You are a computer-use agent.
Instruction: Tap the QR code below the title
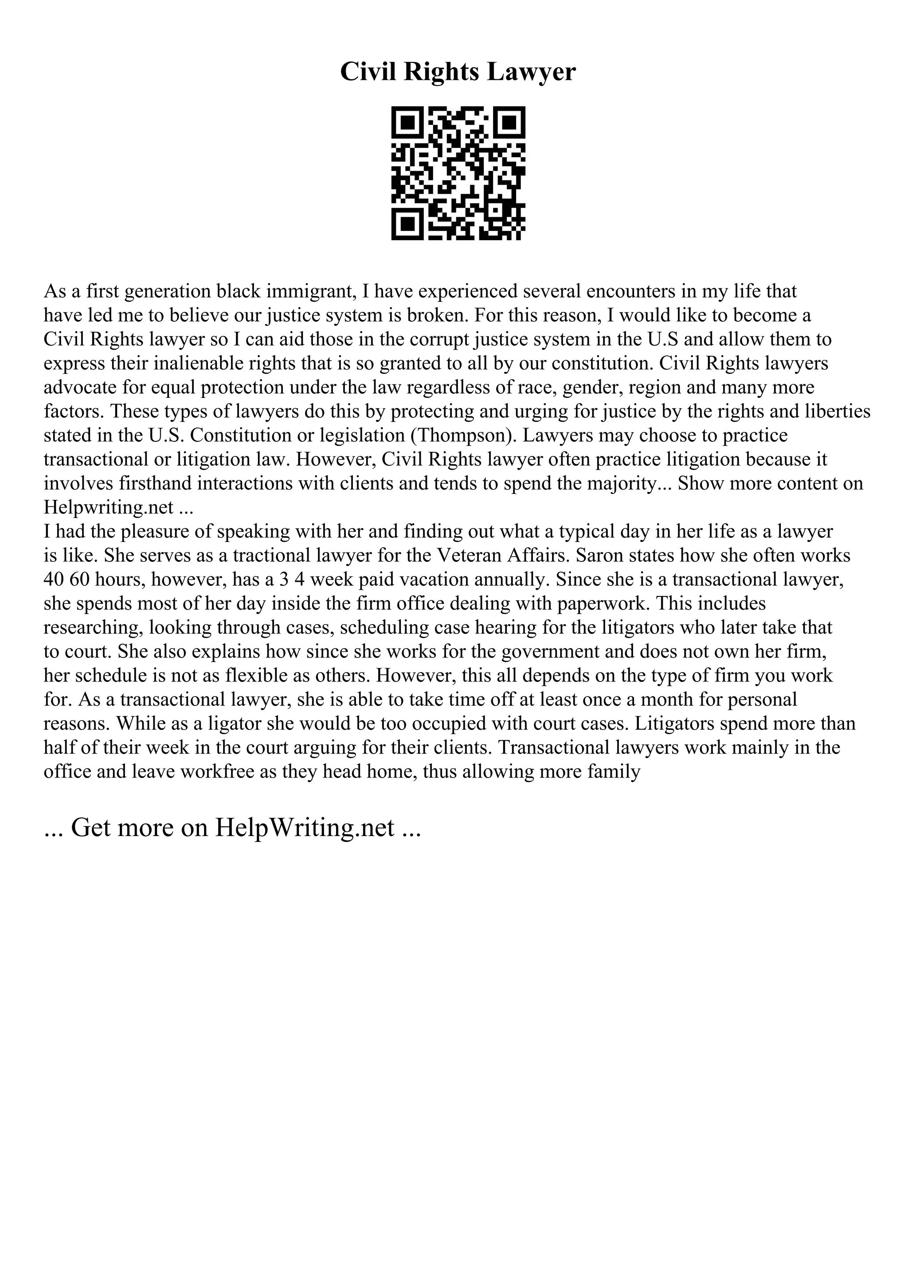pyautogui.click(x=458, y=173)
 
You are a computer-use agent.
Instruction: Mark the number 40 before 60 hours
pyautogui.click(x=54, y=580)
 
